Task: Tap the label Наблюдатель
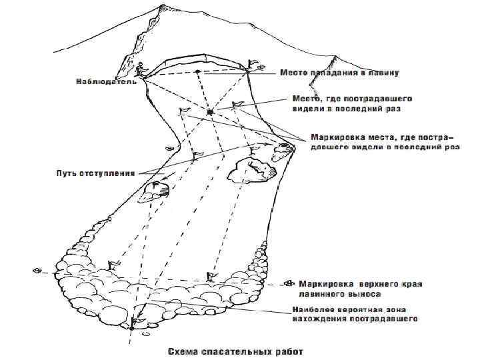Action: coord(105,82)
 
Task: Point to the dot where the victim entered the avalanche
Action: coord(197,71)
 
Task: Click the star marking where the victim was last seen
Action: coord(210,111)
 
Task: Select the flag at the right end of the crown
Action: coord(253,64)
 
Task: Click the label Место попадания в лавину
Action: coord(339,73)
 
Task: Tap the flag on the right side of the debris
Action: coord(211,275)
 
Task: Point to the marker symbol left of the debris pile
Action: coord(37,270)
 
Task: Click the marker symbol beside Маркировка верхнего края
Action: coord(288,283)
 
